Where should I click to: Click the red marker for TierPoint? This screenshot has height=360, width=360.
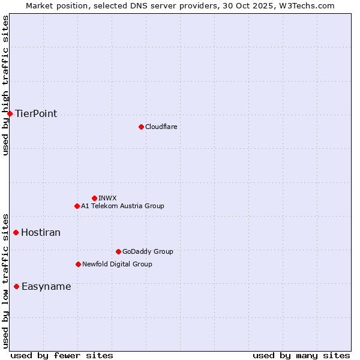10,113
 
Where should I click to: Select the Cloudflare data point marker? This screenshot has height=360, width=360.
141,127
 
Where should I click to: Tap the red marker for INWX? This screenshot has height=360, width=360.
94,198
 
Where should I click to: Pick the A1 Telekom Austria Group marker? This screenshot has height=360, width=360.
77,206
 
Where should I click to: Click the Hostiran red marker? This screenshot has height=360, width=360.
16,232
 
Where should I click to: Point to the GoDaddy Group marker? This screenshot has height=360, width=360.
118,251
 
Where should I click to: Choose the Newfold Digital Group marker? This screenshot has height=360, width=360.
78,264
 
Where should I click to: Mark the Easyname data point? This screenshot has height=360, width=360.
16,286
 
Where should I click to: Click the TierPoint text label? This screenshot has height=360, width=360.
36,113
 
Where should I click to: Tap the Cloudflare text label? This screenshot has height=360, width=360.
161,127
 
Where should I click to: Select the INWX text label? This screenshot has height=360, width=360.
107,198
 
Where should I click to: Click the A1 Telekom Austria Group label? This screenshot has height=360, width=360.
122,206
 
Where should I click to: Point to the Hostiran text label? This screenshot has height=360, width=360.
41,232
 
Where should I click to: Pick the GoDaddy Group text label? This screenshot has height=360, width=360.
148,251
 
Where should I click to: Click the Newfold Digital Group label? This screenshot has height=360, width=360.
117,264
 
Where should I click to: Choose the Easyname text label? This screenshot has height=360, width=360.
46,286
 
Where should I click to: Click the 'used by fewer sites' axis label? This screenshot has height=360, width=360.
62,355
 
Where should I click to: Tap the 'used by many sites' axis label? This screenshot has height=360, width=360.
301,355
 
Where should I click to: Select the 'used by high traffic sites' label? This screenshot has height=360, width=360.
5,85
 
